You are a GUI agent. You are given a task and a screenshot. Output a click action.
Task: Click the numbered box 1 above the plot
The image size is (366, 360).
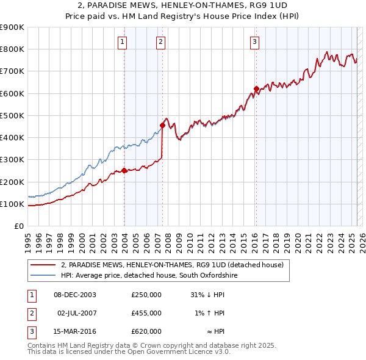[x=123, y=42]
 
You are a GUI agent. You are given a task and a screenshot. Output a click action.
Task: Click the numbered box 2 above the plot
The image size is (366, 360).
[x=160, y=42]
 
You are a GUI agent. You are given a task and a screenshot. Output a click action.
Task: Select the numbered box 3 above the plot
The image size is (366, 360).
[x=254, y=42]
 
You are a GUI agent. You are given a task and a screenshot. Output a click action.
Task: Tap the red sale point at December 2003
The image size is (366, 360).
[x=124, y=171]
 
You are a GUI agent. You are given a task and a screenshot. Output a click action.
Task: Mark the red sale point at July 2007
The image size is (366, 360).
[x=162, y=126]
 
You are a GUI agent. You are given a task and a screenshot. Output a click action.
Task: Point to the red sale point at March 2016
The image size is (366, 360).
[x=256, y=89]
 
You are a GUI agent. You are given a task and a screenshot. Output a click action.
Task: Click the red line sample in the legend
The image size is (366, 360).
[x=43, y=265]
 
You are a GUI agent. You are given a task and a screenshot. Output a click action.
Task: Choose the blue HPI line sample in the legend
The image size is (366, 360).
[x=43, y=276]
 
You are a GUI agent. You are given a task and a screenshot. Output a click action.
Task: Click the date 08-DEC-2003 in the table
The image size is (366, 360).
[x=75, y=295]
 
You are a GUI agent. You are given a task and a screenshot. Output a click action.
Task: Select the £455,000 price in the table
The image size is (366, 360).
[x=146, y=313]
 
